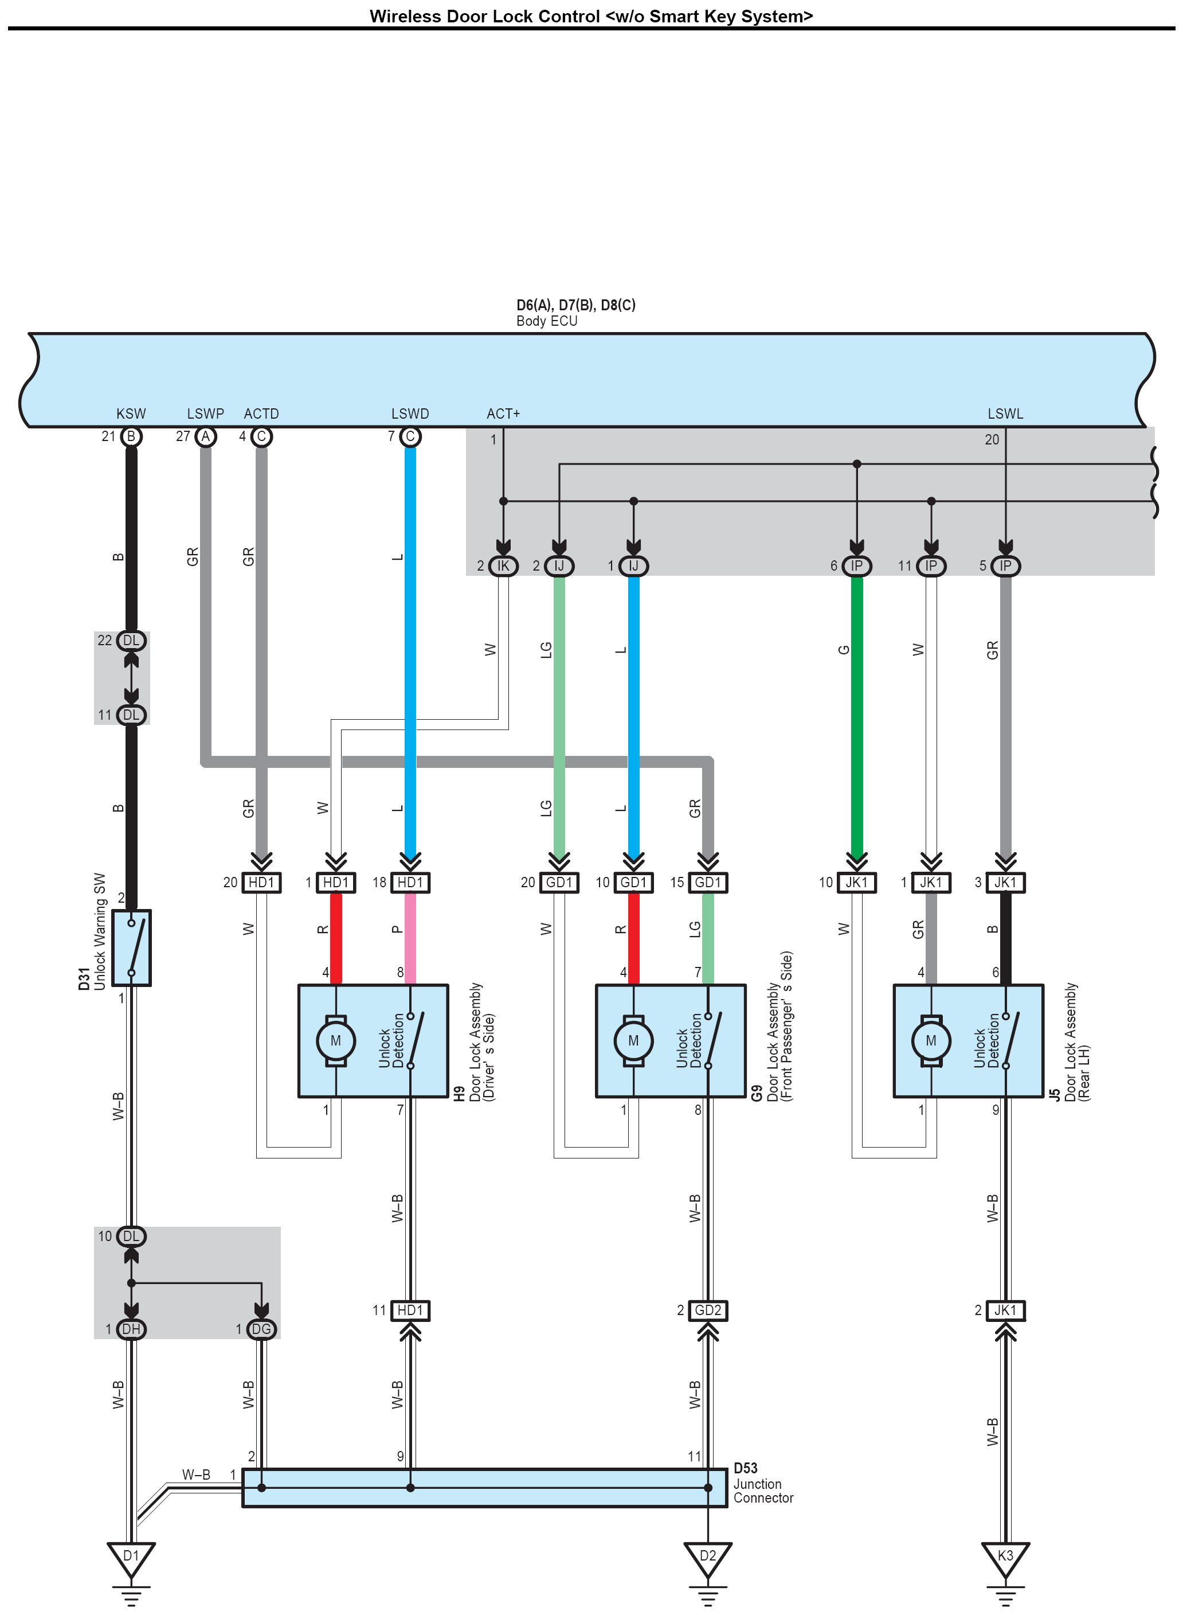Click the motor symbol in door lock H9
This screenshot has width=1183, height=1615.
click(336, 1041)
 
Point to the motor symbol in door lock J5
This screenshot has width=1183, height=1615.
click(931, 1041)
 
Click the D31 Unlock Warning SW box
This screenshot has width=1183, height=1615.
click(132, 948)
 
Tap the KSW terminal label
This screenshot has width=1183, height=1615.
click(131, 414)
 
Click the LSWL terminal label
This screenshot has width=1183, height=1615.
click(1005, 414)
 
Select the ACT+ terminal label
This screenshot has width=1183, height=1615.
click(503, 414)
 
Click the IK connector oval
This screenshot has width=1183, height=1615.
click(503, 566)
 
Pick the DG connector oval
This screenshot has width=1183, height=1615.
click(261, 1330)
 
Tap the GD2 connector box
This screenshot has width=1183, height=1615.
click(707, 1310)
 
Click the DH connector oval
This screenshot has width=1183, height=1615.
click(131, 1330)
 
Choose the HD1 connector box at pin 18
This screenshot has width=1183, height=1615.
click(410, 883)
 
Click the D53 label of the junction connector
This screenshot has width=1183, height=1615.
click(746, 1469)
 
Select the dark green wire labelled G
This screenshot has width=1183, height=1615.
click(856, 716)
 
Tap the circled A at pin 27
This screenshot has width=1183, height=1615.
click(206, 436)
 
